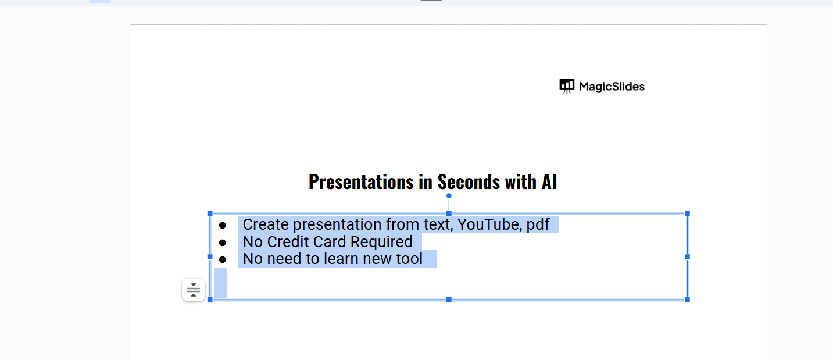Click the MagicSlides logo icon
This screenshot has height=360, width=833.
pos(567,86)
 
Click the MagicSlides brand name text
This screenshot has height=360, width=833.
pos(612,87)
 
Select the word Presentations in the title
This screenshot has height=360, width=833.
pos(361,182)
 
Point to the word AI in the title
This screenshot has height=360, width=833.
pos(549,182)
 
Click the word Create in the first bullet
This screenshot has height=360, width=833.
pos(266,224)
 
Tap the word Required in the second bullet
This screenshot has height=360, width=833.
pos(381,243)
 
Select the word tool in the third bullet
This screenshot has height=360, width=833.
pos(409,259)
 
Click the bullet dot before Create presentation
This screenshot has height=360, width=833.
pos(223,226)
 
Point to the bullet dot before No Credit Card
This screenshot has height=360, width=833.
pos(223,243)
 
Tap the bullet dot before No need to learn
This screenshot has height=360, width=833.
pos(223,259)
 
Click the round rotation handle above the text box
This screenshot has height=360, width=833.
pos(449,196)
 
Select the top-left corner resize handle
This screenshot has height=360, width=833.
pos(210,213)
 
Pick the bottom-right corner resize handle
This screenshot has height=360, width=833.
pos(687,300)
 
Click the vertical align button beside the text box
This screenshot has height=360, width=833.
pos(194,290)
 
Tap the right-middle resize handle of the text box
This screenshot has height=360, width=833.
pos(687,257)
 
